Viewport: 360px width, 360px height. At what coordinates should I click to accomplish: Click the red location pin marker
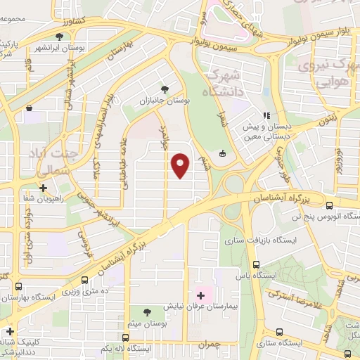(181, 165)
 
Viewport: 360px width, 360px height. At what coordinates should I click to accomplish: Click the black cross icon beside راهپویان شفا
(44, 188)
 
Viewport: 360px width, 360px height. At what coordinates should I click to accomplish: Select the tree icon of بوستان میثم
(146, 311)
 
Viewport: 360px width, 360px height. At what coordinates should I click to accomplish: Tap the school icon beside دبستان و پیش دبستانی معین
(266, 116)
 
